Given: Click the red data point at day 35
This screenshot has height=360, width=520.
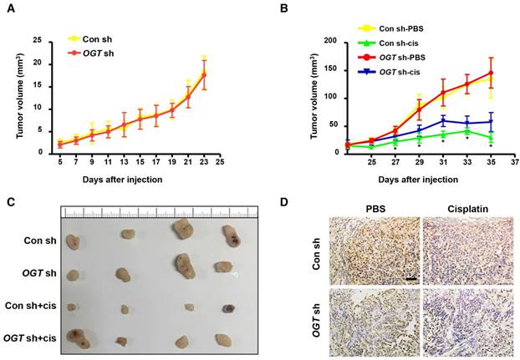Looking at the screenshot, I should tap(492, 73).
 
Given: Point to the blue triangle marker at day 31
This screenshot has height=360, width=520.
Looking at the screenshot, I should tap(444, 121).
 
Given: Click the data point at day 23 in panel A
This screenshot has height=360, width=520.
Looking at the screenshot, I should tap(203, 74).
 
